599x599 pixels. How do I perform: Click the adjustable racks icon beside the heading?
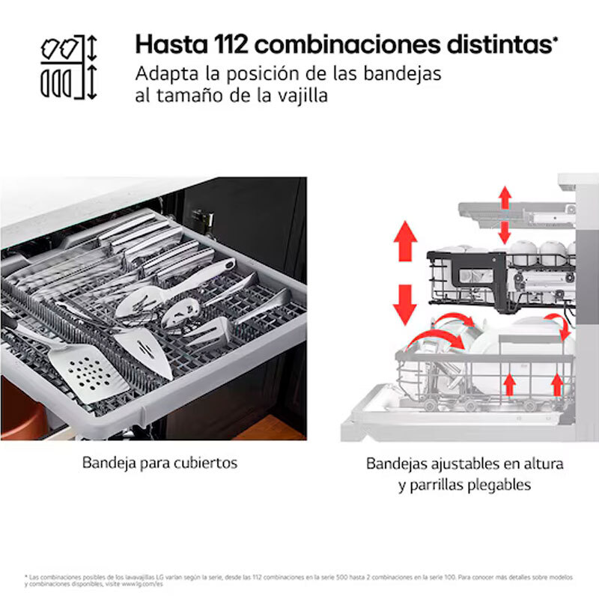click(69, 66)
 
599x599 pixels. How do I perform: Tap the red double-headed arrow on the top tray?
click(505, 213)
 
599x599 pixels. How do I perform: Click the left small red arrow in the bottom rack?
click(510, 384)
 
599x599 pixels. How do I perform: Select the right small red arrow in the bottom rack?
click(556, 383)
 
